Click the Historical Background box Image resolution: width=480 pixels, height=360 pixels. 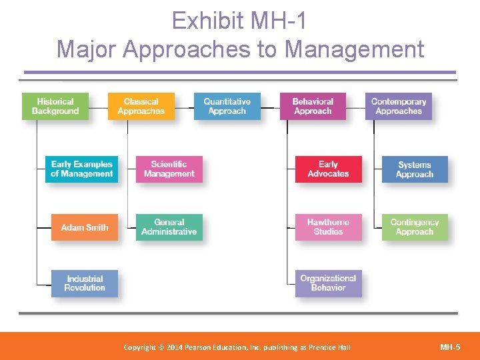(x=55, y=107)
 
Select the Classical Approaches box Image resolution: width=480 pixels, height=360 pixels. (x=141, y=107)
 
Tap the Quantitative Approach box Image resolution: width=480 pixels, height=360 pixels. (x=227, y=107)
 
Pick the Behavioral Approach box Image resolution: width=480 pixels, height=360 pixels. (x=313, y=107)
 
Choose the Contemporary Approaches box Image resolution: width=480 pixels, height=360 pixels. (x=399, y=107)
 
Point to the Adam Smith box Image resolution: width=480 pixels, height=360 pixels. (x=85, y=227)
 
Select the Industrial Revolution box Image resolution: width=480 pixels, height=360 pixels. (x=85, y=283)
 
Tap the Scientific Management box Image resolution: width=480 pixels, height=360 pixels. (x=169, y=169)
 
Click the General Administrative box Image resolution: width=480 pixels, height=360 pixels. (x=169, y=227)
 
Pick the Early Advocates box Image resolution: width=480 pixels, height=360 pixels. (x=329, y=169)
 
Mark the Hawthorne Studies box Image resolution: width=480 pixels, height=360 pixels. (x=329, y=227)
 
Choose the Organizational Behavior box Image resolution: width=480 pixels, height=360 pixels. (x=329, y=283)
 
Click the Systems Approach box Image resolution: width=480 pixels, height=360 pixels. (x=415, y=169)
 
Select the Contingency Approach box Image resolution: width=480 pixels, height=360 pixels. (x=415, y=227)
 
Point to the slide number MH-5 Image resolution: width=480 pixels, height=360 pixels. (x=451, y=347)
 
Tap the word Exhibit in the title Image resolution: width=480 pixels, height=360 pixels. (x=209, y=21)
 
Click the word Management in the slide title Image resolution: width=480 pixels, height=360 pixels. (x=355, y=49)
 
